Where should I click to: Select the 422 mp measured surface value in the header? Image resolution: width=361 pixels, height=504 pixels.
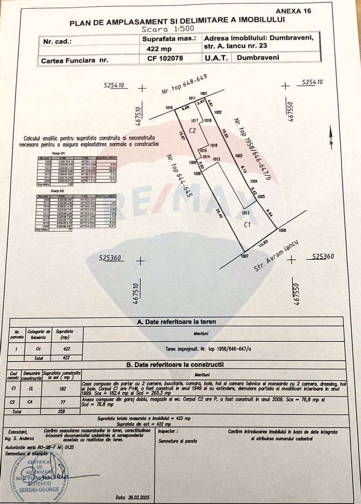point(161,49)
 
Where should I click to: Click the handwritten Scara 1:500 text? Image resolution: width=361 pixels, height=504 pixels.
point(168,29)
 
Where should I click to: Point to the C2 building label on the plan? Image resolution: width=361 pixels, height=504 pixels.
point(193,130)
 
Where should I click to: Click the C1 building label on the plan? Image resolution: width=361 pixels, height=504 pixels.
point(247,225)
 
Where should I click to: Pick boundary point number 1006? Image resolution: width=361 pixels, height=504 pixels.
point(282,230)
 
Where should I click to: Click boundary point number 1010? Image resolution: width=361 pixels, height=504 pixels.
point(169,108)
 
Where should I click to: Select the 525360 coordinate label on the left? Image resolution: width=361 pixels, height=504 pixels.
point(110,258)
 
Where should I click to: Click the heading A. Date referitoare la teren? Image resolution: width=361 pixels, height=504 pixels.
point(176,322)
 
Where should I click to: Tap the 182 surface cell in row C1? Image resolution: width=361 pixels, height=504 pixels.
point(62,389)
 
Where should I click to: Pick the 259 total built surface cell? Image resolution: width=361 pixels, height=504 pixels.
point(61,411)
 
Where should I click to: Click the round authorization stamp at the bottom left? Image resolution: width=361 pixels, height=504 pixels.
point(38,476)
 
